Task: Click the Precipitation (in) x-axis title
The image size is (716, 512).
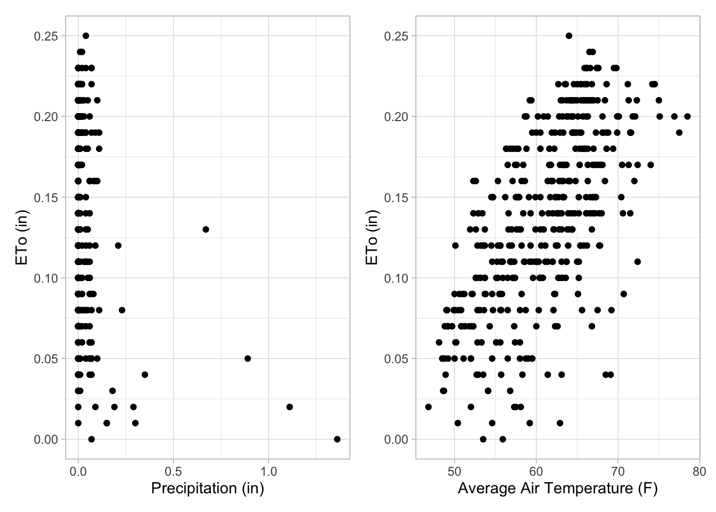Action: tap(207, 488)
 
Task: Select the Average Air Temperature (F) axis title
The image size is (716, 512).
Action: tap(557, 488)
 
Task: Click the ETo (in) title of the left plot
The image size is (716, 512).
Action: tap(22, 237)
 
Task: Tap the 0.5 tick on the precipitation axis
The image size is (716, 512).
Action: tap(173, 471)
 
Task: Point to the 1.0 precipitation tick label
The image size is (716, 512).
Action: tap(268, 471)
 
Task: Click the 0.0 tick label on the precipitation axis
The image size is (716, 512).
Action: tap(78, 471)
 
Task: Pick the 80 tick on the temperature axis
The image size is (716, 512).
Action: tap(699, 471)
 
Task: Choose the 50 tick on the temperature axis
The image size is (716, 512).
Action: tap(454, 471)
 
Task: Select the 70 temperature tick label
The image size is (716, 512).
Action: tap(617, 471)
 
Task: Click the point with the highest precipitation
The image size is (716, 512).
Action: tap(337, 439)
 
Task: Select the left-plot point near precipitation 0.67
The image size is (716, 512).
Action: tap(206, 229)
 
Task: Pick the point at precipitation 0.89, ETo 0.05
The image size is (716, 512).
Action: tap(248, 358)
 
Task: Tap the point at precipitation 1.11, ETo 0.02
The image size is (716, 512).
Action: tap(289, 407)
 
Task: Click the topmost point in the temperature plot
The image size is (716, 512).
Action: tap(568, 36)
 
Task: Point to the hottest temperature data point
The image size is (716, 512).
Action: tap(687, 116)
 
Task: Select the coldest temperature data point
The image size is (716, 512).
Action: tap(428, 407)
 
